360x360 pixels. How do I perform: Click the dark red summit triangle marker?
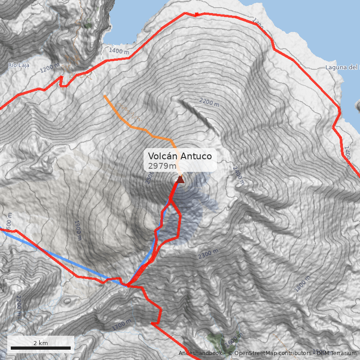click(x=180, y=180)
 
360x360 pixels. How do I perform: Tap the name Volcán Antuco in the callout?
click(x=180, y=157)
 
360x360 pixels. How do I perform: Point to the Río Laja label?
click(x=18, y=65)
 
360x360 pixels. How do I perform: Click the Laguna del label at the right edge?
click(x=342, y=67)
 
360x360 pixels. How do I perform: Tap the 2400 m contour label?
click(x=238, y=176)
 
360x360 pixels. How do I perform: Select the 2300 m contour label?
click(x=208, y=254)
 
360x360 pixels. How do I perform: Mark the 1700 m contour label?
click(x=122, y=324)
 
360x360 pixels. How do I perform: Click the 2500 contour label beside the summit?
click(x=149, y=177)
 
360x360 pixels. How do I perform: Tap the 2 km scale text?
click(x=40, y=343)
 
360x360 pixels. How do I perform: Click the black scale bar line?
click(x=40, y=348)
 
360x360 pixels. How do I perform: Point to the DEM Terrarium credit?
click(x=336, y=353)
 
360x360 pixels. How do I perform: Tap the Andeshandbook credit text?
click(x=200, y=353)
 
